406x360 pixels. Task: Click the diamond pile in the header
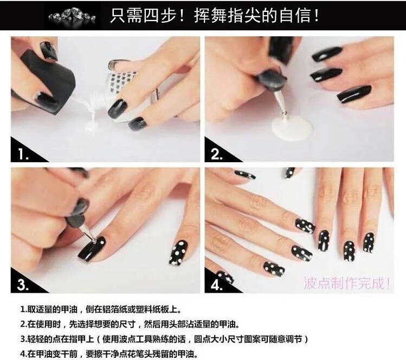tap(72, 16)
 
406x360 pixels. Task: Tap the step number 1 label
tap(23, 154)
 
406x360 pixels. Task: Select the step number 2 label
tap(217, 154)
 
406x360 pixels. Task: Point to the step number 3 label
tap(23, 285)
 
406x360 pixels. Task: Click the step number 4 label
tap(216, 285)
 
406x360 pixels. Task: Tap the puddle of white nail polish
tap(292, 127)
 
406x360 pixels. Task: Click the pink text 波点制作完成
tap(347, 283)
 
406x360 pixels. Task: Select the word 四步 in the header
tap(160, 16)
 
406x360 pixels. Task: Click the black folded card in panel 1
tap(48, 78)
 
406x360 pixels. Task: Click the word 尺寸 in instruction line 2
tap(128, 324)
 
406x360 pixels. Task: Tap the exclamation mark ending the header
tap(317, 16)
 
